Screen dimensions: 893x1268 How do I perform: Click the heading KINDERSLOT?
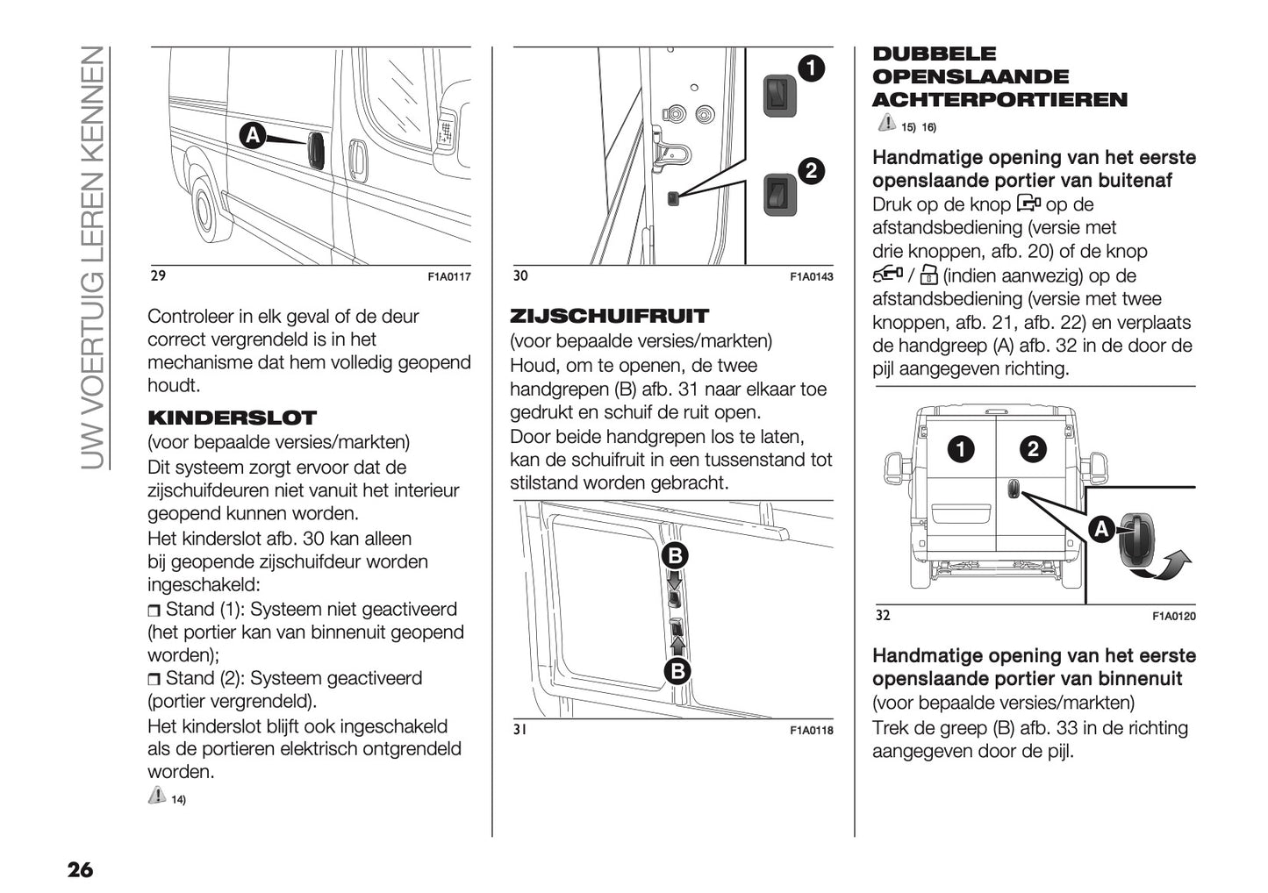click(x=232, y=418)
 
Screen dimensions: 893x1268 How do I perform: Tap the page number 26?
click(x=80, y=870)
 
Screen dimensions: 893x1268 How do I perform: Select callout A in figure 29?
click(x=252, y=136)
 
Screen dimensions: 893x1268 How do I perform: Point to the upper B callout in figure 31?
click(x=676, y=555)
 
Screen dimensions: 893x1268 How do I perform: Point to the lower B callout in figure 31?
click(x=676, y=671)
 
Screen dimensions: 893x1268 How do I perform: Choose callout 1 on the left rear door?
click(x=961, y=450)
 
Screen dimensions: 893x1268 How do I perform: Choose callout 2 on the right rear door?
click(x=1032, y=450)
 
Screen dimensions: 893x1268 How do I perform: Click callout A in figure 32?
click(x=1101, y=529)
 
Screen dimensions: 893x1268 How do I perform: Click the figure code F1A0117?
click(x=449, y=277)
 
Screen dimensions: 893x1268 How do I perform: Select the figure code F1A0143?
click(x=811, y=277)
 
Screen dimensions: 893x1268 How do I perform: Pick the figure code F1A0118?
click(x=811, y=730)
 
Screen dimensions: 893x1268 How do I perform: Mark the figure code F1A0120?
click(x=1173, y=617)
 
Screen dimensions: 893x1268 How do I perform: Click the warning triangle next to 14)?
click(x=157, y=796)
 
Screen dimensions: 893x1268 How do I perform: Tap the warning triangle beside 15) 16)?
click(x=885, y=125)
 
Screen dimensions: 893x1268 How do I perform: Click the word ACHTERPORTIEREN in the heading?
click(x=999, y=100)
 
